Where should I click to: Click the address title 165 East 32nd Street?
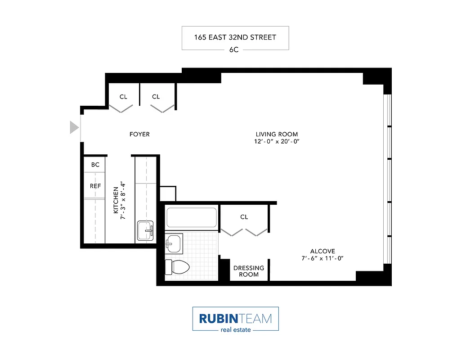[235, 37]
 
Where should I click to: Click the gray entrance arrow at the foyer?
[74, 127]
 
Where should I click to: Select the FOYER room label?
[139, 134]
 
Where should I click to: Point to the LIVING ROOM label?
[277, 134]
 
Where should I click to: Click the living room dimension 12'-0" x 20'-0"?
[277, 141]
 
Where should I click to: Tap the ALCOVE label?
[323, 251]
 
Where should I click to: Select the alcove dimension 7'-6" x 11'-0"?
[323, 258]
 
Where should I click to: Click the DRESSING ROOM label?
[248, 271]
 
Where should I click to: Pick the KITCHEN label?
[116, 200]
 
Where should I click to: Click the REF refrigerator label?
[95, 185]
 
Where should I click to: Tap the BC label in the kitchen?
[95, 165]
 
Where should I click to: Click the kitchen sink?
[145, 231]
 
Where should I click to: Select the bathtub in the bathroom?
[191, 217]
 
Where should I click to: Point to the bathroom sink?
[174, 244]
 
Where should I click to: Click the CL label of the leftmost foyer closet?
[123, 97]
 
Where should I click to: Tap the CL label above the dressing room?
[244, 217]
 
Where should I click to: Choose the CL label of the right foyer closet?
[156, 97]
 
